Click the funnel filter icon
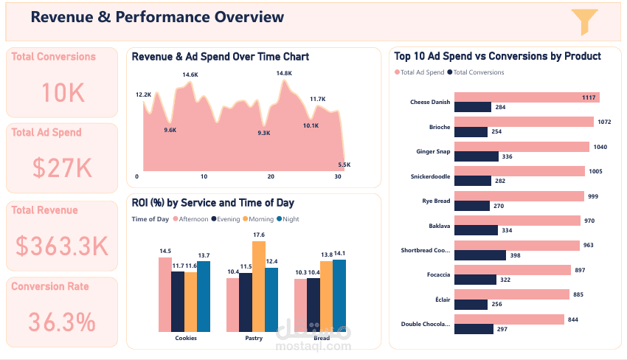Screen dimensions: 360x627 583,22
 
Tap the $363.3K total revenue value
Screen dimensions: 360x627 62,246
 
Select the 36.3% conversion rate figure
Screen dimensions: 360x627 62,322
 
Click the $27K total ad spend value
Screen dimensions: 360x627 62,169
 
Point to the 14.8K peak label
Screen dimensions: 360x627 284,73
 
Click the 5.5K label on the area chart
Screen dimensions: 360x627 344,165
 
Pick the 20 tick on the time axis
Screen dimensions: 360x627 271,177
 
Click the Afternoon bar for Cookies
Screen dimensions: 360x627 164,294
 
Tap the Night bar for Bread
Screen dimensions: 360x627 339,296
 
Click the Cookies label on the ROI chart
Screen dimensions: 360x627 185,339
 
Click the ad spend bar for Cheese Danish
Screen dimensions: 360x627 527,97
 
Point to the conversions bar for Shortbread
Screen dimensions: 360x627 480,255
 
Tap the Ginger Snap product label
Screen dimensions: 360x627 432,152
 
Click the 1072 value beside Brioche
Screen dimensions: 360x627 603,122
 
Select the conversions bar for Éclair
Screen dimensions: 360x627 471,304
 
